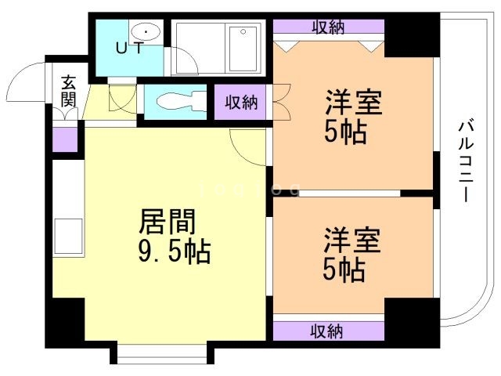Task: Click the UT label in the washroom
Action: tap(129, 48)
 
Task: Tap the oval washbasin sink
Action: tap(146, 32)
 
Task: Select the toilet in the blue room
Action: tap(181, 102)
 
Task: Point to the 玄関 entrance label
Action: tap(68, 91)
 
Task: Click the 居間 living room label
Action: tap(168, 222)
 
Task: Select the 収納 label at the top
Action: tap(328, 27)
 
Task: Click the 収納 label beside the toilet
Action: tap(241, 103)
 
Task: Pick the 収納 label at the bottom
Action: tap(327, 331)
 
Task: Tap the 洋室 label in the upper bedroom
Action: tap(354, 103)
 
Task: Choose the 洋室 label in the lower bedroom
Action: tap(352, 240)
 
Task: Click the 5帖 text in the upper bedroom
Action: tap(345, 132)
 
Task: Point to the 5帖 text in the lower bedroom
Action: tap(344, 269)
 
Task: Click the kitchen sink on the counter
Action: tap(68, 237)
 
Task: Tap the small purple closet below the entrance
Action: tap(65, 139)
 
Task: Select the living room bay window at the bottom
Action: tap(161, 354)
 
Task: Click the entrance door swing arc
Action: tap(19, 78)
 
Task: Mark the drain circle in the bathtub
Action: tap(243, 31)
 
